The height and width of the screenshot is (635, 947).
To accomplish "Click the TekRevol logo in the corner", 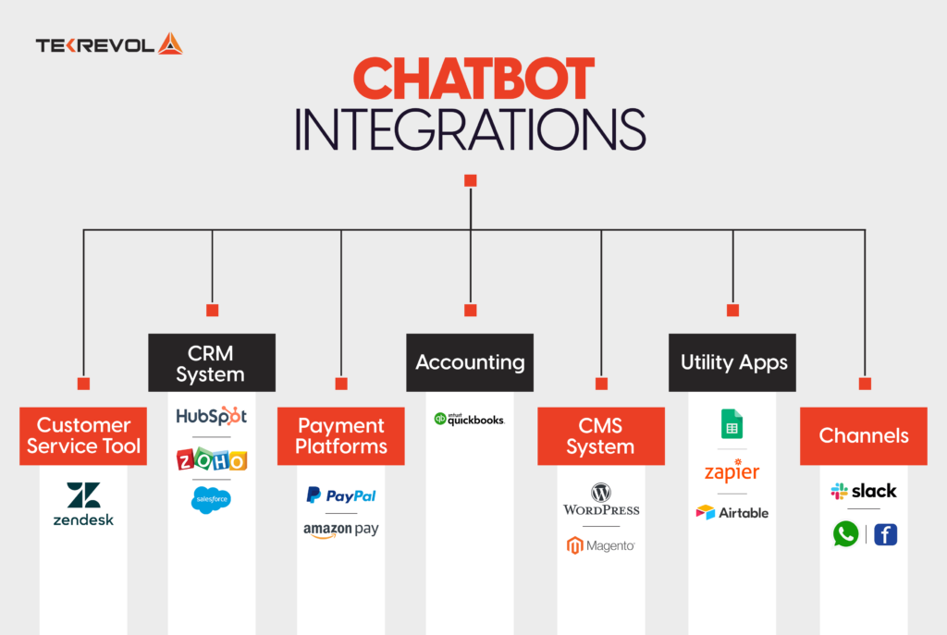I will pos(109,44).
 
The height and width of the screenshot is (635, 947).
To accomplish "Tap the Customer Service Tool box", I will pos(83,436).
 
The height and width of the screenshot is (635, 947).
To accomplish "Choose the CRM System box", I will pos(212,363).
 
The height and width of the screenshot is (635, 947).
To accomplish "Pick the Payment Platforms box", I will pos(341,436).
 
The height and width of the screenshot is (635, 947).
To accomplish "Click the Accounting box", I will pos(470,362).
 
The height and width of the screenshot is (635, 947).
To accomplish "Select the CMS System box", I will pos(600,436).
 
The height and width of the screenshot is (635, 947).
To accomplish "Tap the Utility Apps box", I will pos(733,362).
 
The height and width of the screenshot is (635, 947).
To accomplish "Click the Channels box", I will pos(864,436).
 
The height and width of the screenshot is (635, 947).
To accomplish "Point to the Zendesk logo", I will pos(83,504).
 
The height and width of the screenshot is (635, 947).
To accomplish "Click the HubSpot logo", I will pos(212,416).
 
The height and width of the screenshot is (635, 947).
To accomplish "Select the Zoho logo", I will pos(212,459).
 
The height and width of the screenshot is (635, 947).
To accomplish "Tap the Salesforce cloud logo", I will pos(212,500).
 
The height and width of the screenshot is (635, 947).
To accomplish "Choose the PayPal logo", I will pos(341,495).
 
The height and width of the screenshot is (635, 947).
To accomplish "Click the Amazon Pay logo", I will pos(341,531).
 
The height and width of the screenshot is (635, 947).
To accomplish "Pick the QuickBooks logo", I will pos(470,419).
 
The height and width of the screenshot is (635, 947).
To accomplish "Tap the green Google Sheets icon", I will pos(732,424).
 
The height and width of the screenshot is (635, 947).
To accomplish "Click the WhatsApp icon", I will pos(845,534).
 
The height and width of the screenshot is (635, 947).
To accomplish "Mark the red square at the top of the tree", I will pos(470,180).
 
